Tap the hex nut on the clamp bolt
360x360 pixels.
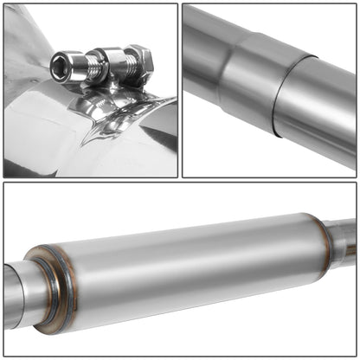(141, 61)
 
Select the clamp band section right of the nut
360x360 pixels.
(160, 108)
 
